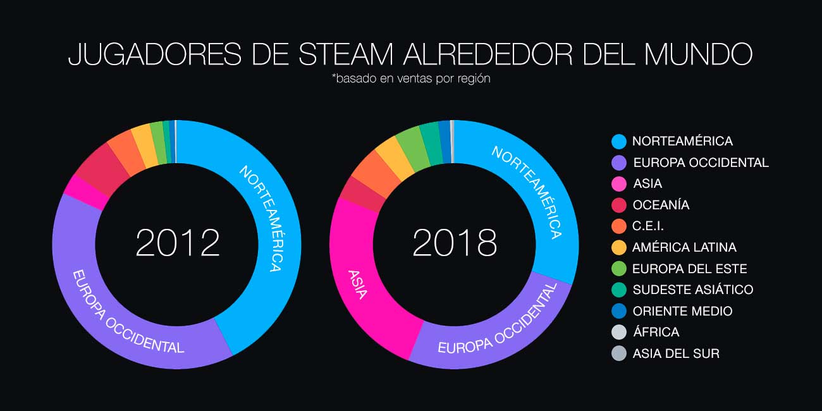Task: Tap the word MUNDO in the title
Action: pos(698,54)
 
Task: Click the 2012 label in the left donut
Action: pos(178,243)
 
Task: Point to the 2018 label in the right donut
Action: pos(455,243)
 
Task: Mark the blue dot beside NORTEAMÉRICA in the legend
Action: pos(620,141)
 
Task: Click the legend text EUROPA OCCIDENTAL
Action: pos(701,163)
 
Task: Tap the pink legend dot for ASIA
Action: pos(620,184)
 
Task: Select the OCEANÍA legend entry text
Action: pos(661,205)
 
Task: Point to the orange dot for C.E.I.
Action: pos(620,226)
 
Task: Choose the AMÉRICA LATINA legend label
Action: pos(684,247)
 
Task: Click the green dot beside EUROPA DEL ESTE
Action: pos(620,269)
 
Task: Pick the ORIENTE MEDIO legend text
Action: pos(682,311)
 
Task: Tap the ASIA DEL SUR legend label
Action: pos(676,353)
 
